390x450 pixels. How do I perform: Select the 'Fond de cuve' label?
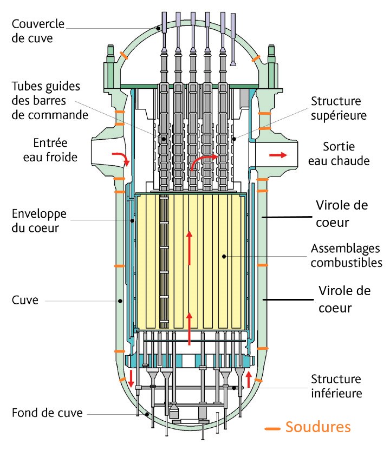47,413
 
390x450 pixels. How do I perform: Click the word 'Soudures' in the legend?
318,427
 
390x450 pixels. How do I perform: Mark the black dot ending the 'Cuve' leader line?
120,301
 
